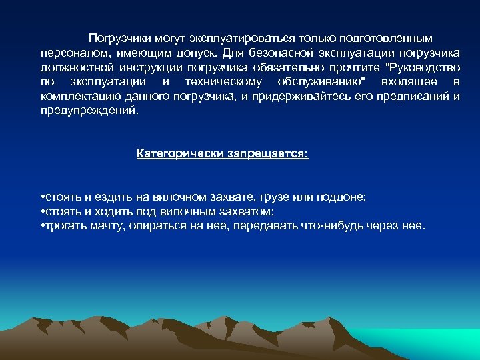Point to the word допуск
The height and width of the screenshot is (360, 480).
202,53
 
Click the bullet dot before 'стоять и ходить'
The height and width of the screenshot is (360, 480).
42,212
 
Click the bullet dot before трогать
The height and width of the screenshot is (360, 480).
42,226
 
